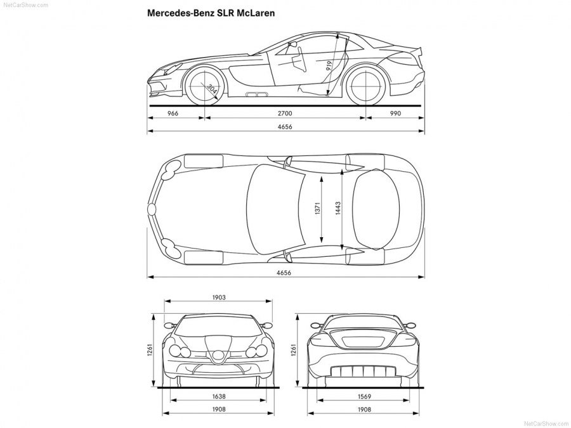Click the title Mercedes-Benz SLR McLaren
pos(211,12)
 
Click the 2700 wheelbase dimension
pos(285,113)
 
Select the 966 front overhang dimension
pos(173,113)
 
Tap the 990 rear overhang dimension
pos(397,113)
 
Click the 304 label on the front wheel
pos(212,89)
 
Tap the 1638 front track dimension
pos(220,396)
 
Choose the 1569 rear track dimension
pos(364,396)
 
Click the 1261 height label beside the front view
pos(150,350)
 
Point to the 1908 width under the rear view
pos(364,410)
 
